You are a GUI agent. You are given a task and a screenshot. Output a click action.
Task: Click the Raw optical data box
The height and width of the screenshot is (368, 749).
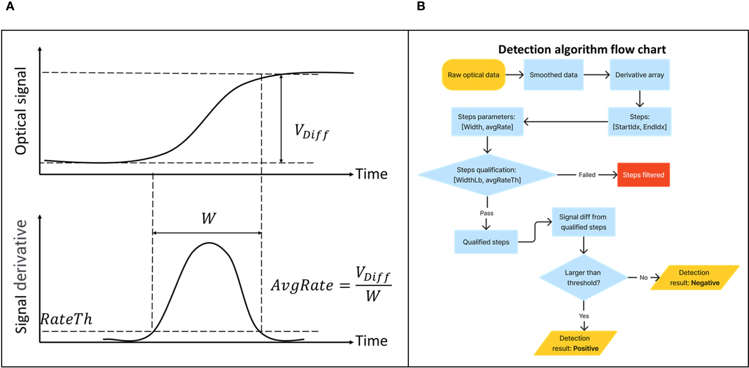pyautogui.click(x=473, y=75)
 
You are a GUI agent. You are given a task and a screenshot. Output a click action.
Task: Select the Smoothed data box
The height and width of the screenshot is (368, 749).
pyautogui.click(x=553, y=75)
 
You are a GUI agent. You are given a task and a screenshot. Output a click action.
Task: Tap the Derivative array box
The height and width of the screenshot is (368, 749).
pyautogui.click(x=639, y=75)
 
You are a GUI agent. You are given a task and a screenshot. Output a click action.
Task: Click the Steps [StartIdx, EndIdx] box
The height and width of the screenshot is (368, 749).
pyautogui.click(x=639, y=122)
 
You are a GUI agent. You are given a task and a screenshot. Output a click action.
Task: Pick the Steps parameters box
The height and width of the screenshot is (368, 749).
pyautogui.click(x=487, y=122)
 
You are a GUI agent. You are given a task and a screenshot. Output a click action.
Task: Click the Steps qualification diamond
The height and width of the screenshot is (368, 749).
pyautogui.click(x=487, y=175)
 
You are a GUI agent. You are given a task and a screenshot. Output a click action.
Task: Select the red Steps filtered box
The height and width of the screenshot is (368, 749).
pyautogui.click(x=643, y=175)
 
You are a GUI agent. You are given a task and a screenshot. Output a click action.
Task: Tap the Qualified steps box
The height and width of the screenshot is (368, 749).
pyautogui.click(x=486, y=242)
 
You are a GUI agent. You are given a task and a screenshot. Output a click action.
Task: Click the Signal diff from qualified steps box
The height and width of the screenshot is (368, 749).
pyautogui.click(x=583, y=222)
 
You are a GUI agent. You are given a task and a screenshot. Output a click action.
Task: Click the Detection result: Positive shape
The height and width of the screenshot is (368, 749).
pyautogui.click(x=575, y=343)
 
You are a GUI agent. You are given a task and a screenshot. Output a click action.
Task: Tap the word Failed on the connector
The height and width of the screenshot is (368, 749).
pyautogui.click(x=587, y=175)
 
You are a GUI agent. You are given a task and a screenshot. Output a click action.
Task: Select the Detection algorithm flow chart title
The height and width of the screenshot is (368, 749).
pyautogui.click(x=582, y=49)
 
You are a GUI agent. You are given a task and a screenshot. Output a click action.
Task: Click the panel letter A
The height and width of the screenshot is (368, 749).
pyautogui.click(x=10, y=6)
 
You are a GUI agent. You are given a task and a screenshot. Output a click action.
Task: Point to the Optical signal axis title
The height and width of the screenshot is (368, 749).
pyautogui.click(x=21, y=111)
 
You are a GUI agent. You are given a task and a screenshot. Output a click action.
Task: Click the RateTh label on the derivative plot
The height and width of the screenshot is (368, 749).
pyautogui.click(x=66, y=319)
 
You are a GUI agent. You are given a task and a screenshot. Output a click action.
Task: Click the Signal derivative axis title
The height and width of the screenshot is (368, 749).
pyautogui.click(x=21, y=276)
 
